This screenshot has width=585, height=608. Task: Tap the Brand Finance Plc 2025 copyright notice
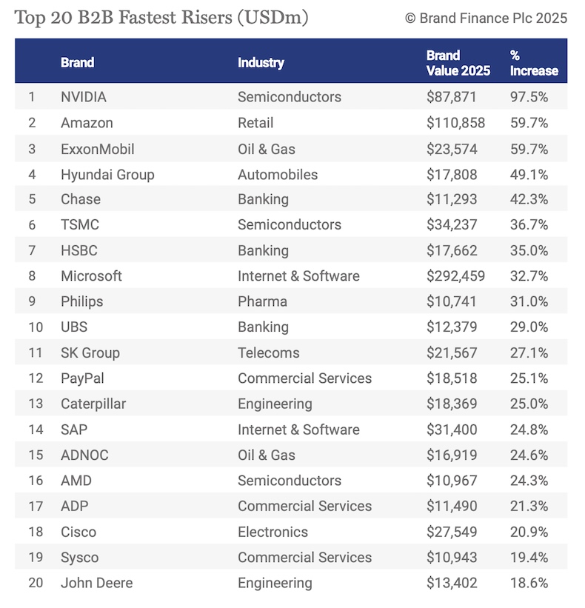(x=486, y=18)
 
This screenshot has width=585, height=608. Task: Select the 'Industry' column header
(x=261, y=62)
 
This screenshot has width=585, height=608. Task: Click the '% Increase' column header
(x=533, y=63)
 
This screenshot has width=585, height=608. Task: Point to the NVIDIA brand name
(x=84, y=97)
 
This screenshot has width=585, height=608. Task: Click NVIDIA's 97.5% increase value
(x=529, y=97)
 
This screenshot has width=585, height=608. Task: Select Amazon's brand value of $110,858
(x=455, y=123)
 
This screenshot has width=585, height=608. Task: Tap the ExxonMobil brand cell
(x=98, y=149)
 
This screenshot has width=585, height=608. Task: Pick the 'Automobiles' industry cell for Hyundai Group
(x=278, y=175)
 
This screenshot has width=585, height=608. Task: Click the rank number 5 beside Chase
(x=32, y=199)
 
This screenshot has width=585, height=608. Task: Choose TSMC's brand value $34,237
(x=452, y=224)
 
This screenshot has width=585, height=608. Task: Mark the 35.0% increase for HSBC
(x=529, y=250)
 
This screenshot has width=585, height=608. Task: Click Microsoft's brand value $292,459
(x=455, y=276)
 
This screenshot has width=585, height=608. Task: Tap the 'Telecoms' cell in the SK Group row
(x=268, y=353)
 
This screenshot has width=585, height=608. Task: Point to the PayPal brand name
(x=82, y=378)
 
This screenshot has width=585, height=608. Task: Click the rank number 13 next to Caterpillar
(x=35, y=404)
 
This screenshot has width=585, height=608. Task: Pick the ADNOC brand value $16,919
(x=452, y=455)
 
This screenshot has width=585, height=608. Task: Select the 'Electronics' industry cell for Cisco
(x=273, y=532)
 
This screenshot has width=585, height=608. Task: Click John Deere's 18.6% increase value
(x=529, y=583)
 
